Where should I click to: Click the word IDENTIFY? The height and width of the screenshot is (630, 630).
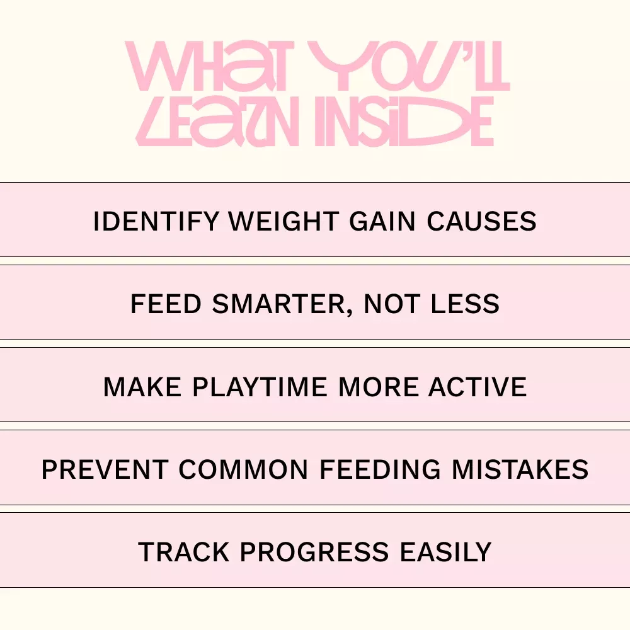156,221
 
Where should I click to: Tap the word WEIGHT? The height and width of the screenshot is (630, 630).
283,221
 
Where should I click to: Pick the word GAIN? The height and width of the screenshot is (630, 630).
382,221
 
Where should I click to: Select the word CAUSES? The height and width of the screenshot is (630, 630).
481,221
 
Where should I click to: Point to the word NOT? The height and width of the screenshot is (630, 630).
392,304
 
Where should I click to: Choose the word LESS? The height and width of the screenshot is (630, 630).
465,304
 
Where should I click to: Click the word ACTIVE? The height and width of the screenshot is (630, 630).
478,387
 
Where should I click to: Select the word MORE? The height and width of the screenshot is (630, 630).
378,387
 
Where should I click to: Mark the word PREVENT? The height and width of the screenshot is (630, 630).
105,469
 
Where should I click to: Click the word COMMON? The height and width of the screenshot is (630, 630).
243,469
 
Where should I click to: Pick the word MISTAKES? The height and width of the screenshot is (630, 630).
520,469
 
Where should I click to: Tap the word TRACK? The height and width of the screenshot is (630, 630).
183,552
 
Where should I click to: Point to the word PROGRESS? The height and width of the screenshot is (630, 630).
314,552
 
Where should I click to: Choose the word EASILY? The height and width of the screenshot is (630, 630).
445,552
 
